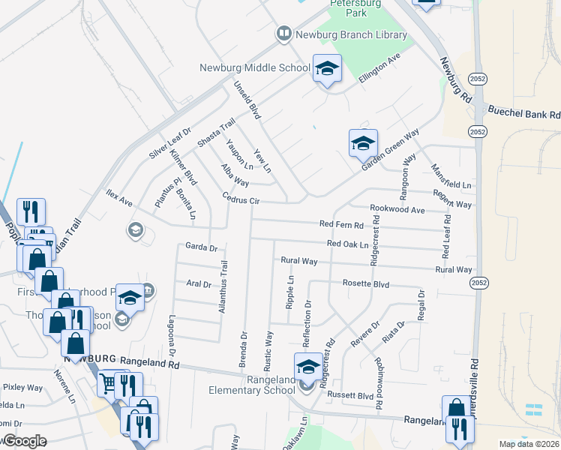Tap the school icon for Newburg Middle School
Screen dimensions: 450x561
[x=326, y=70]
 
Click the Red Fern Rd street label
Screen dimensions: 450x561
[x=341, y=224]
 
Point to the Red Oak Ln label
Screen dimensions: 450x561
[x=349, y=244]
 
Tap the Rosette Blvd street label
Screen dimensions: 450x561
[x=367, y=284]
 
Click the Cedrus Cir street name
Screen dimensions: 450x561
[x=241, y=200]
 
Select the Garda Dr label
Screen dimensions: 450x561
[x=200, y=247]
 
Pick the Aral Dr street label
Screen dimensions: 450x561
[x=198, y=283]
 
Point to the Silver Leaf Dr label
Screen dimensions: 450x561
[x=170, y=142]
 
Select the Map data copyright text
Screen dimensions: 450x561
[x=529, y=444]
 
